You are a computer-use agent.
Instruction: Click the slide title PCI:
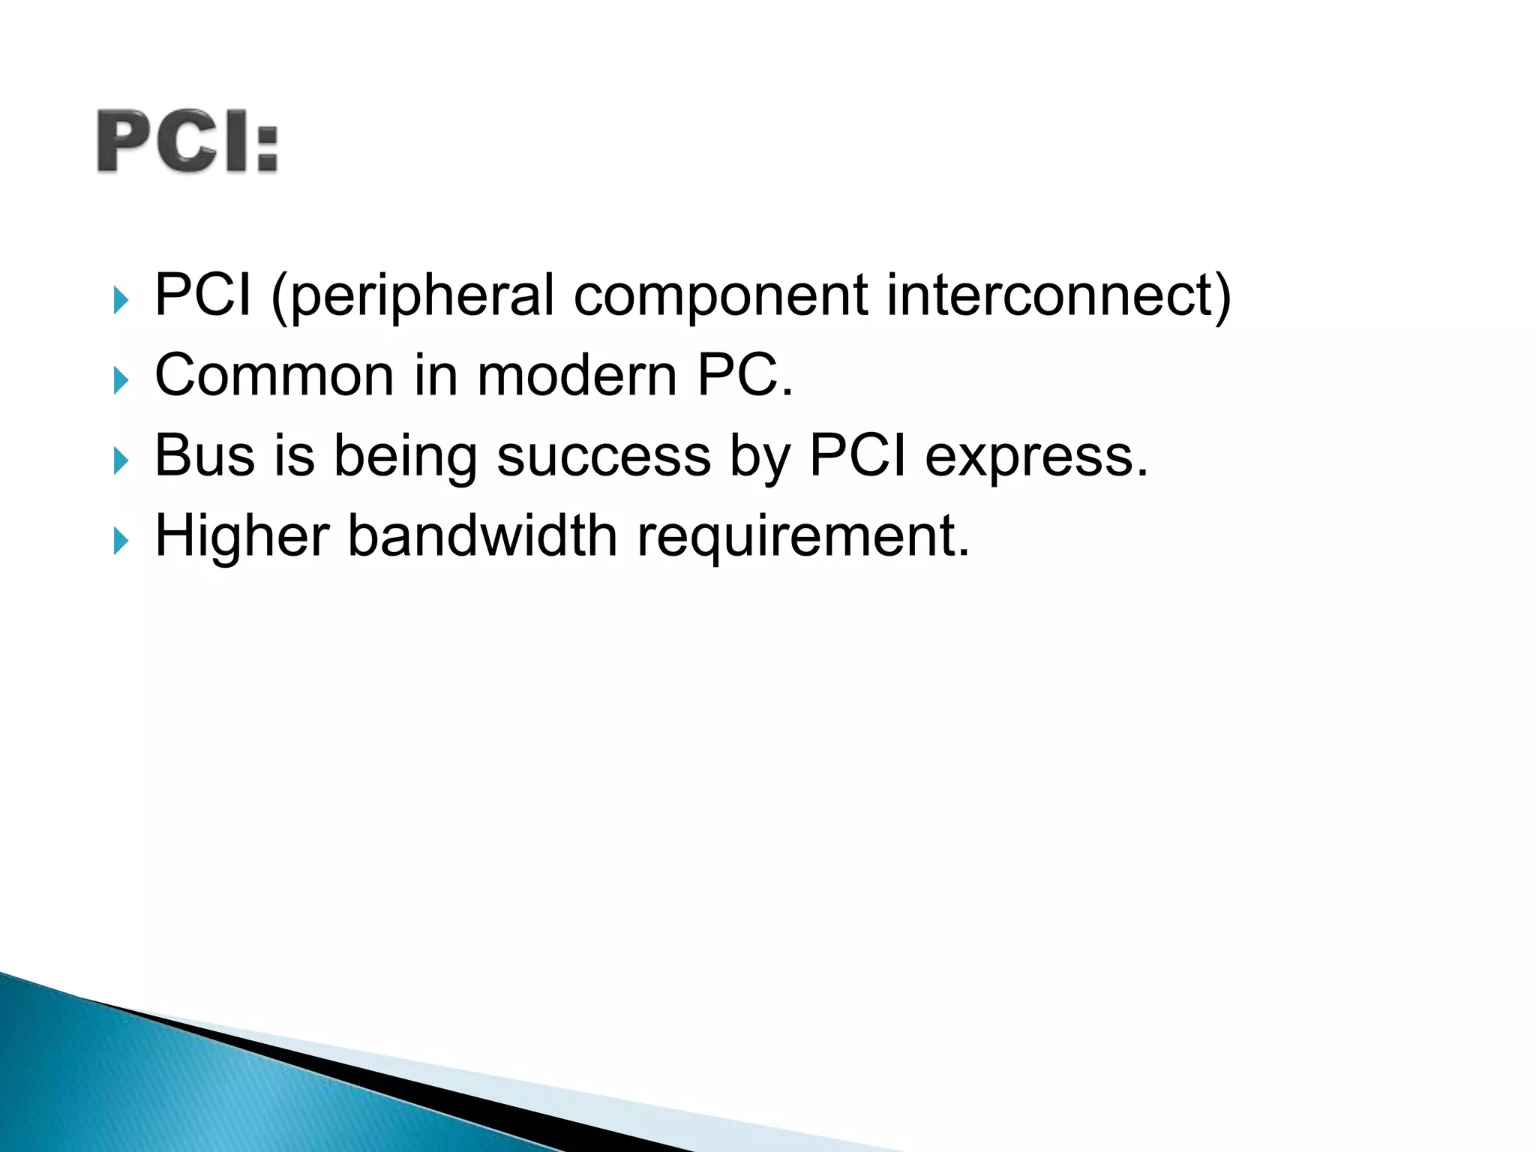[x=187, y=142]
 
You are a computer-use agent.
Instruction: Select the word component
[x=721, y=295]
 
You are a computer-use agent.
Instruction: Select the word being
[x=405, y=457]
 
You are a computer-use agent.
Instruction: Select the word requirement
[x=802, y=537]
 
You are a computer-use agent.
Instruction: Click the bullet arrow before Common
[x=121, y=380]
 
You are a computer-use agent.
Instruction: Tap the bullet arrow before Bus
[x=121, y=460]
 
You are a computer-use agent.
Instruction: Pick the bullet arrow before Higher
[x=121, y=541]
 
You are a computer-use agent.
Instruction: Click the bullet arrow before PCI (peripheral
[x=121, y=300]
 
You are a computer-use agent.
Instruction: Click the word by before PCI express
[x=760, y=457]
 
